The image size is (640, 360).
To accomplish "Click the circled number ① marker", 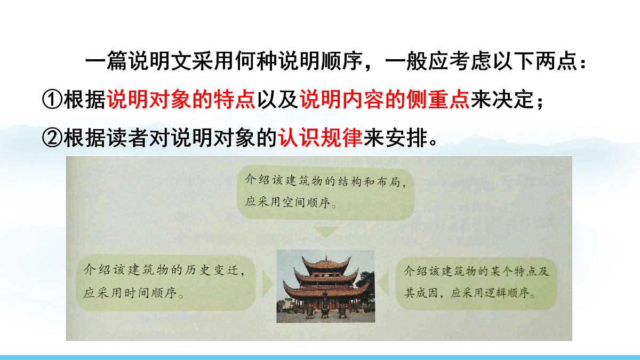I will click(x=52, y=100).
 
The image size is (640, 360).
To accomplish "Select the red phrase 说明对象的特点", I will click(x=181, y=100).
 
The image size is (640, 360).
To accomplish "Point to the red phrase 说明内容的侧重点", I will click(x=384, y=100).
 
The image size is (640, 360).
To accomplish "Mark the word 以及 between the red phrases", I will click(x=277, y=100).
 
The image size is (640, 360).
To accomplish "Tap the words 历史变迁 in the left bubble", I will click(x=210, y=271).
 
